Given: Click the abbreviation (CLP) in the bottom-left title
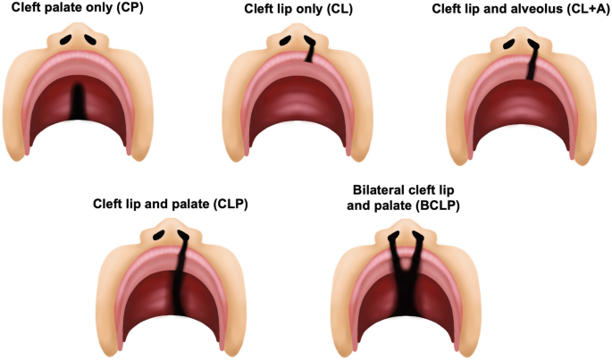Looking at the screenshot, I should coord(229,205).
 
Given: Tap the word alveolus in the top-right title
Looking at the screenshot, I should coord(518,9).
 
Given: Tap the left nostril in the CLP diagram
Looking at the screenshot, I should coord(159,235).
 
